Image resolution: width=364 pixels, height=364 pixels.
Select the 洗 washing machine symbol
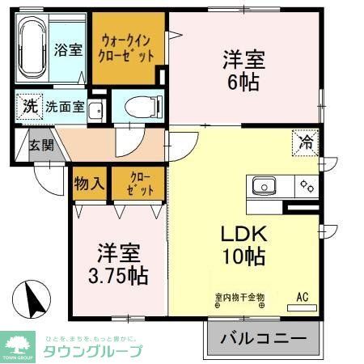click(x=28, y=106)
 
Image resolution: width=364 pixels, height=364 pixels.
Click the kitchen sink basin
click(x=265, y=186)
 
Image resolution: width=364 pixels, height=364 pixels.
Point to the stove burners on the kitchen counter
click(x=307, y=186)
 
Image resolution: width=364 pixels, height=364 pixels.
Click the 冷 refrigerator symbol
click(x=307, y=142)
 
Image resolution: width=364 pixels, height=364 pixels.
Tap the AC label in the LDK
click(x=303, y=297)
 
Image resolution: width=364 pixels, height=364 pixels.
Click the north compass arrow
click(x=32, y=301)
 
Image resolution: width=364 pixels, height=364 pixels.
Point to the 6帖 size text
click(x=243, y=83)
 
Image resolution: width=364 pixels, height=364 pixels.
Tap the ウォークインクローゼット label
click(x=127, y=49)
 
